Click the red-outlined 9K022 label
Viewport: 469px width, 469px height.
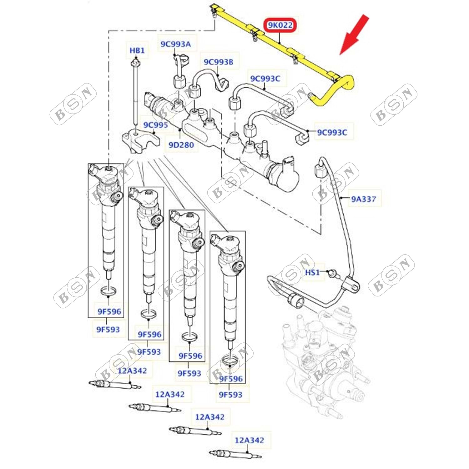pyautogui.click(x=280, y=25)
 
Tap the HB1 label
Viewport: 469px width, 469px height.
pyautogui.click(x=137, y=50)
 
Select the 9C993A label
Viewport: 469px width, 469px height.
pyautogui.click(x=175, y=44)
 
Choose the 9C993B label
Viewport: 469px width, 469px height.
pyautogui.click(x=218, y=62)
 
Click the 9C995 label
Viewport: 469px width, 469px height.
pyautogui.click(x=155, y=125)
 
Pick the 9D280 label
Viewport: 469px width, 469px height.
pyautogui.click(x=181, y=145)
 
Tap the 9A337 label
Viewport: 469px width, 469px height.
pyautogui.click(x=363, y=199)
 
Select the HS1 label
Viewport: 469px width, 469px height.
pyautogui.click(x=312, y=272)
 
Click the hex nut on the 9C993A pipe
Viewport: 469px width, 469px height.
pyautogui.click(x=178, y=82)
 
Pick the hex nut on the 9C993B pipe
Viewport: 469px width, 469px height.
pyautogui.click(x=195, y=90)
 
